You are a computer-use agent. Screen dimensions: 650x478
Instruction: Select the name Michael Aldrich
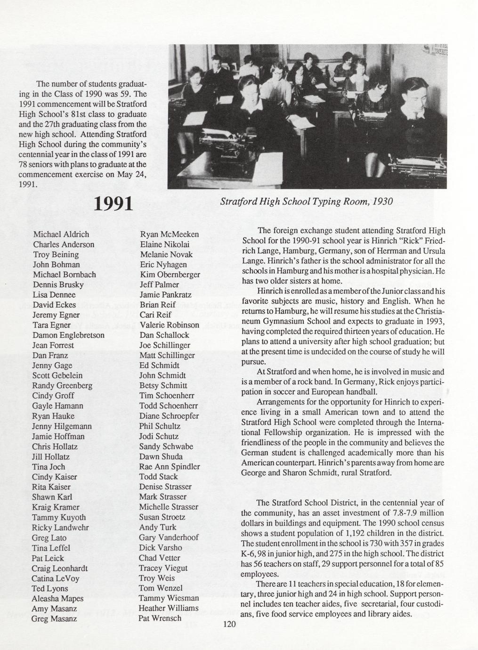[61, 234]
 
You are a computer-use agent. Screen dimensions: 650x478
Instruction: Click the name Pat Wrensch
[160, 618]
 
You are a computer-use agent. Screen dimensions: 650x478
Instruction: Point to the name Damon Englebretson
[68, 335]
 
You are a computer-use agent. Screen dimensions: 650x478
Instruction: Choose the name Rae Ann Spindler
[170, 466]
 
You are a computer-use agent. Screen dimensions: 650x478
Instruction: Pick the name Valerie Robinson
[170, 325]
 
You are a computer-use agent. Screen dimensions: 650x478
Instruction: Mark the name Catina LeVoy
[56, 578]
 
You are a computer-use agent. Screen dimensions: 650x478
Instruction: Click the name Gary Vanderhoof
[169, 537]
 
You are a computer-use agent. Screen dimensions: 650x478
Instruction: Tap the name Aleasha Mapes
[57, 598]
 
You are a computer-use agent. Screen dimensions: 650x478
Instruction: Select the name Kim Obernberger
[170, 274]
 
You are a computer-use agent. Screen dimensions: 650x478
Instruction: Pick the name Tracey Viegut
[163, 568]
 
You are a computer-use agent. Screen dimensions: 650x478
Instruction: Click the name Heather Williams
[169, 608]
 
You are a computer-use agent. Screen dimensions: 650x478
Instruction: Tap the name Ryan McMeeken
[170, 234]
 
